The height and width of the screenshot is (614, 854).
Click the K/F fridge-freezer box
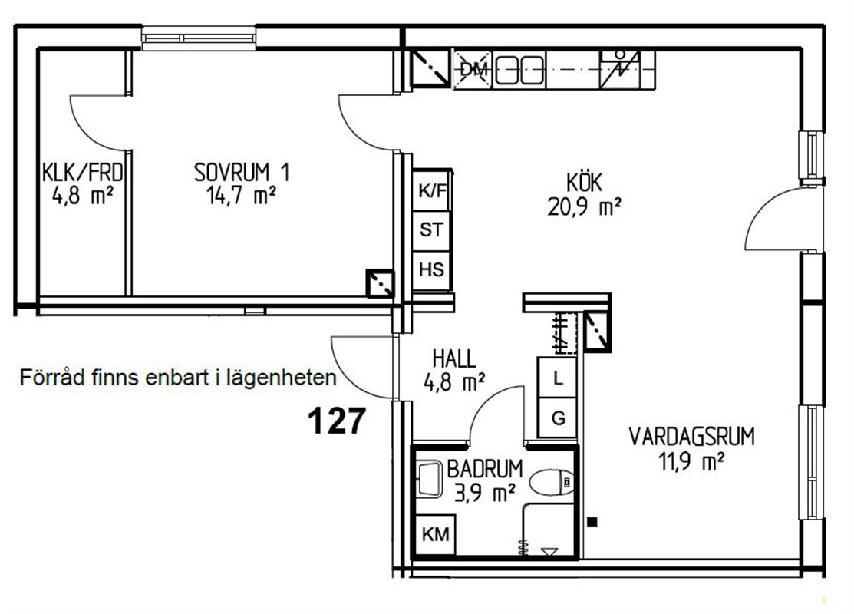point(432,190)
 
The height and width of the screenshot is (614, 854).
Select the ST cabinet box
point(432,230)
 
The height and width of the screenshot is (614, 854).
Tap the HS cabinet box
point(432,270)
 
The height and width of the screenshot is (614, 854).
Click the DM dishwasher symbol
point(473,69)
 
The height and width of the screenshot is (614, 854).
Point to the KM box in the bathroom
point(435,535)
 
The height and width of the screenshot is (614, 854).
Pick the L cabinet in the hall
point(557,377)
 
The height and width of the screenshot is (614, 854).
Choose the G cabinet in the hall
point(557,418)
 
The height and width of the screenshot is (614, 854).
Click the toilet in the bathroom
point(552,483)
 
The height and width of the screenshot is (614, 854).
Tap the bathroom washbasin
point(430,479)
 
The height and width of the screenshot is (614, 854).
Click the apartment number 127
point(337,421)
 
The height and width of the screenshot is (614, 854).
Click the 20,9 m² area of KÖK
point(584,206)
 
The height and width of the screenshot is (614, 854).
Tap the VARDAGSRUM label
point(691,437)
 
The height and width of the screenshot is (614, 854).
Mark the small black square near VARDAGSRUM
point(592,522)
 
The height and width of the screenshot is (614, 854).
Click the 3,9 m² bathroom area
point(485,494)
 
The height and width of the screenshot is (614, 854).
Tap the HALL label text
point(454,359)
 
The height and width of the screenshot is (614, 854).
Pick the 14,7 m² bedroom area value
point(241,195)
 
